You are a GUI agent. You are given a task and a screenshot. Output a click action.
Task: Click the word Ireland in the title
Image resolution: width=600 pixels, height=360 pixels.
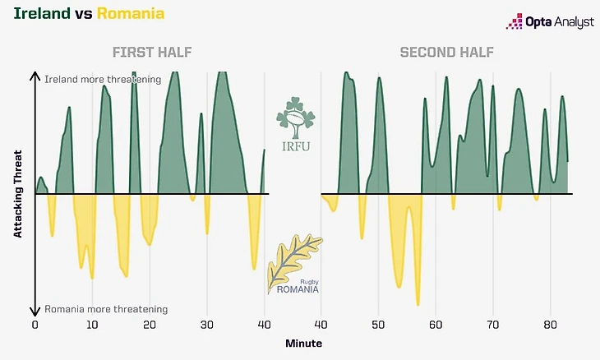35,13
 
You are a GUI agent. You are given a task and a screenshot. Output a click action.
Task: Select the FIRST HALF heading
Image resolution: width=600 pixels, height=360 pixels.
152,53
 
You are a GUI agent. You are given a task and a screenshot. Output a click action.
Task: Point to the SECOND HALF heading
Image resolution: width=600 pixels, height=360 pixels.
446,53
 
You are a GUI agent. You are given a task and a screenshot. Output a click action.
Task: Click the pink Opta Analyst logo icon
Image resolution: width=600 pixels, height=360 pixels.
515,21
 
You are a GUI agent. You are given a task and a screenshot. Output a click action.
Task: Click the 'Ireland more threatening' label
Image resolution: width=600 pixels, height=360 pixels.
102,79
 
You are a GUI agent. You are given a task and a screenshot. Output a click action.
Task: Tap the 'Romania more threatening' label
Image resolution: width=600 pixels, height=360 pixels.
106,309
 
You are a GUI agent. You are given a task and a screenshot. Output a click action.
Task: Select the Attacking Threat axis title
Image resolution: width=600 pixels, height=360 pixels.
17,195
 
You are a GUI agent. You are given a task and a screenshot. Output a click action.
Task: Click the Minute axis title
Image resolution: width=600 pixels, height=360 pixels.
304,343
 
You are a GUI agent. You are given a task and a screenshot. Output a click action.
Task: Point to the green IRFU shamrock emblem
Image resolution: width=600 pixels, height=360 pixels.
295,119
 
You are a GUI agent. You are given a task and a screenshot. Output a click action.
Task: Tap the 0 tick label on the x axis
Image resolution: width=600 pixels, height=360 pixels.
35,325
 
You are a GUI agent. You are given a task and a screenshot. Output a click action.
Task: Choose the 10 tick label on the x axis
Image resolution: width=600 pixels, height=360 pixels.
91,325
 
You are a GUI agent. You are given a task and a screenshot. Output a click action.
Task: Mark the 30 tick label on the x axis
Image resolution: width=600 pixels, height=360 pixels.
205,325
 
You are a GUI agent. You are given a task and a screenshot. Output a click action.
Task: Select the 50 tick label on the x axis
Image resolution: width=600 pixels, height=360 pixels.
377,325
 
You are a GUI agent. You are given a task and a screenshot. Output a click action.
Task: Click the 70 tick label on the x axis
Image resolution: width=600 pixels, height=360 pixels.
492,325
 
